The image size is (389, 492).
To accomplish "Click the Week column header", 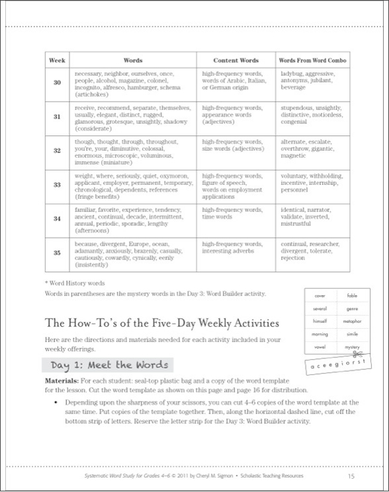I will click(x=56, y=59).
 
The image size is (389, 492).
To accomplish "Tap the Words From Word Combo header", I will click(x=312, y=59).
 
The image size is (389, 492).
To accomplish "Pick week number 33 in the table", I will click(x=56, y=186).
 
